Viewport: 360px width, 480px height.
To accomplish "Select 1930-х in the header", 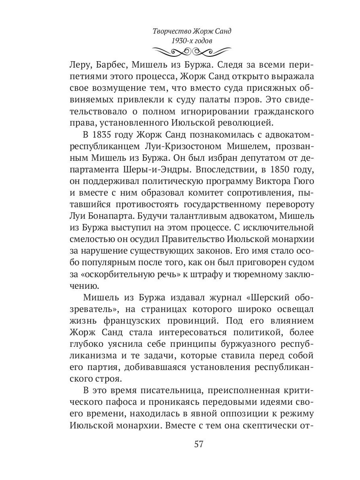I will click(x=181, y=41).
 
